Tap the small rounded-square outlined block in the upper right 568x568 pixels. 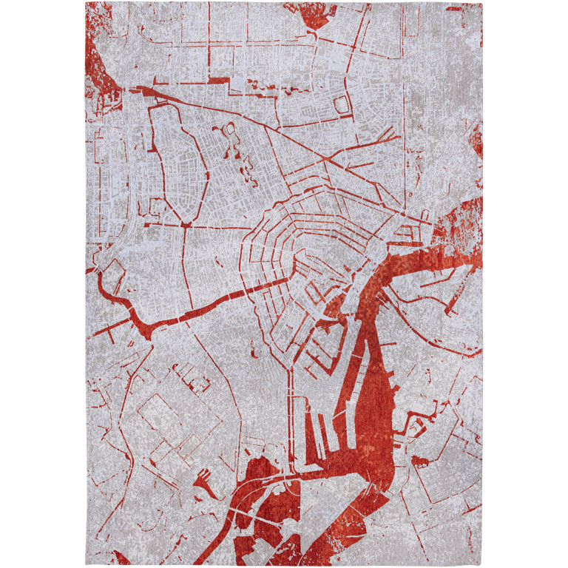(x=342, y=105)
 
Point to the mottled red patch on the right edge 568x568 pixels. (x=462, y=218)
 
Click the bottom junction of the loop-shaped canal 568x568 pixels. (x=183, y=223)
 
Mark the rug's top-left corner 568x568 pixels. (x=84, y=2)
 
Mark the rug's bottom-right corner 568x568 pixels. (x=484, y=566)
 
